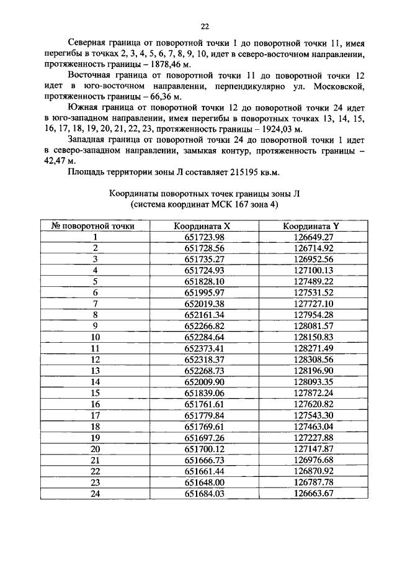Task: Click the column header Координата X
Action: pos(203,227)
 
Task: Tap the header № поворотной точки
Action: pos(96,227)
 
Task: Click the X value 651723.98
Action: pos(203,237)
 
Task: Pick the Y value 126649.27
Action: pos(313,237)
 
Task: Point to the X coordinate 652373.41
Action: pos(203,348)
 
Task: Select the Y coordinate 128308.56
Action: pos(313,360)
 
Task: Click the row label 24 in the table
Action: pos(96,493)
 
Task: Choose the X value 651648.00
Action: pos(203,482)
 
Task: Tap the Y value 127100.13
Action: pos(313,271)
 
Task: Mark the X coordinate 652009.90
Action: pos(203,382)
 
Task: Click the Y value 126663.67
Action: pos(313,493)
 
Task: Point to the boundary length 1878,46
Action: pos(163,65)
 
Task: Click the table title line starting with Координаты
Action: pos(204,194)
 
